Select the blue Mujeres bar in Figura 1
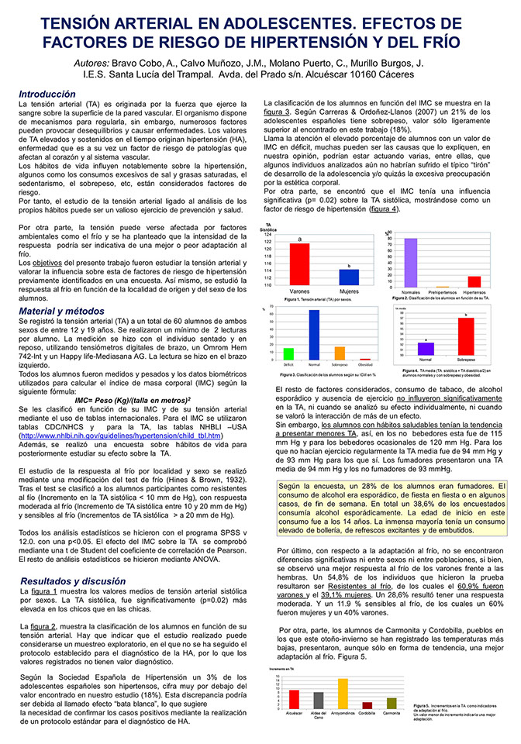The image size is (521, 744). tap(349, 277)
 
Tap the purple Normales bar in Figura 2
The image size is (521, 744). tap(411, 263)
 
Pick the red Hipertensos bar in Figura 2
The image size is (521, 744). tap(474, 281)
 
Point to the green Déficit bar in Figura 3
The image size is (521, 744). tap(288, 353)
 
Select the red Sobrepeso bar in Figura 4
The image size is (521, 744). tap(465, 336)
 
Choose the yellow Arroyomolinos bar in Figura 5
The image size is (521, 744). tap(343, 694)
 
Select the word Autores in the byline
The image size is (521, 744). tap(93, 62)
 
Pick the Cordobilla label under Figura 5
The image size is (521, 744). tap(367, 714)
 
